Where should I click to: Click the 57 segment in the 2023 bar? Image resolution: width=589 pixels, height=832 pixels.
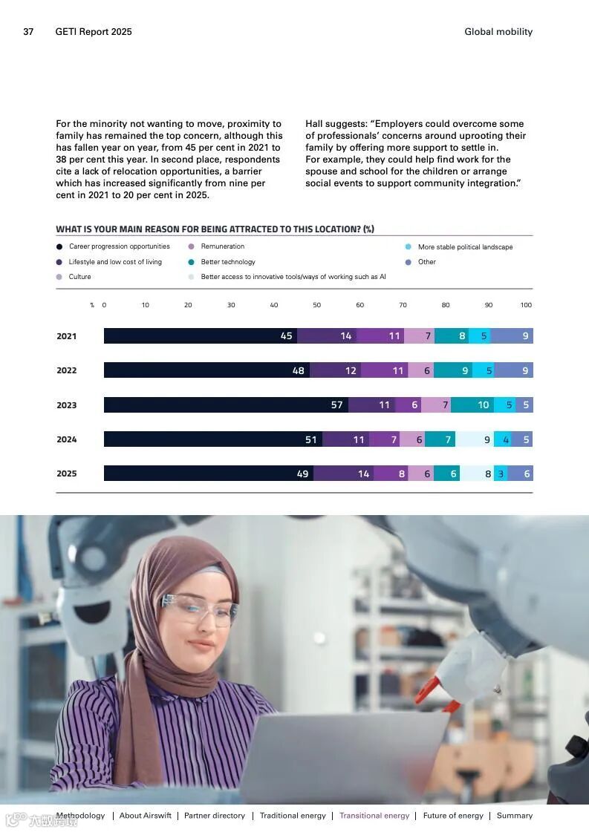click(x=226, y=405)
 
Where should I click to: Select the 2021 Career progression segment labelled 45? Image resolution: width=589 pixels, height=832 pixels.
click(x=201, y=336)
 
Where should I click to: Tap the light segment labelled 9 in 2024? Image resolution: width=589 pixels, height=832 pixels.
click(x=474, y=439)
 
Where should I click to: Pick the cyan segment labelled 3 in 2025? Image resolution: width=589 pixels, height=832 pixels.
click(x=501, y=474)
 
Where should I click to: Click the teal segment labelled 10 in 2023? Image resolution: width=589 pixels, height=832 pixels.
click(x=472, y=405)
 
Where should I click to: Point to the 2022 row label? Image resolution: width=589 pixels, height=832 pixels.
click(x=67, y=370)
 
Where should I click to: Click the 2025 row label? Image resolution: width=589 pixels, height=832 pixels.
click(x=67, y=474)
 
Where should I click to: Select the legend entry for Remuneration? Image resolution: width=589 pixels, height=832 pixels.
click(x=222, y=246)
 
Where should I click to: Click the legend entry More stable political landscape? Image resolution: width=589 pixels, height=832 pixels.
click(x=464, y=247)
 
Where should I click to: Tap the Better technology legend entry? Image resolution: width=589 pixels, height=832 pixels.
click(x=227, y=262)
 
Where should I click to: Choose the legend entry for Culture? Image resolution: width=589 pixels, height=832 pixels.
click(x=79, y=277)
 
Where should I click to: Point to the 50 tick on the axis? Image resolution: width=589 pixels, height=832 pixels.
click(x=317, y=305)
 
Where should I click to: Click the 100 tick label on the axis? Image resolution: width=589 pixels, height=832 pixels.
click(x=526, y=305)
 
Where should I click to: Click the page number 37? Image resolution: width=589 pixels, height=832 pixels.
click(x=28, y=32)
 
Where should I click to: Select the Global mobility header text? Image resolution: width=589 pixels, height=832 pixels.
click(x=498, y=32)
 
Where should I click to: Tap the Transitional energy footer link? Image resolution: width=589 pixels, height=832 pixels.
click(x=374, y=816)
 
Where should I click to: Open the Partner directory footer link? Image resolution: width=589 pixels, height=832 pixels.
click(x=215, y=816)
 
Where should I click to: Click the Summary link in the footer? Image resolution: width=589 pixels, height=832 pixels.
click(x=515, y=816)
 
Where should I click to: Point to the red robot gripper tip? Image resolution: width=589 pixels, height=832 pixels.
click(x=424, y=695)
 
